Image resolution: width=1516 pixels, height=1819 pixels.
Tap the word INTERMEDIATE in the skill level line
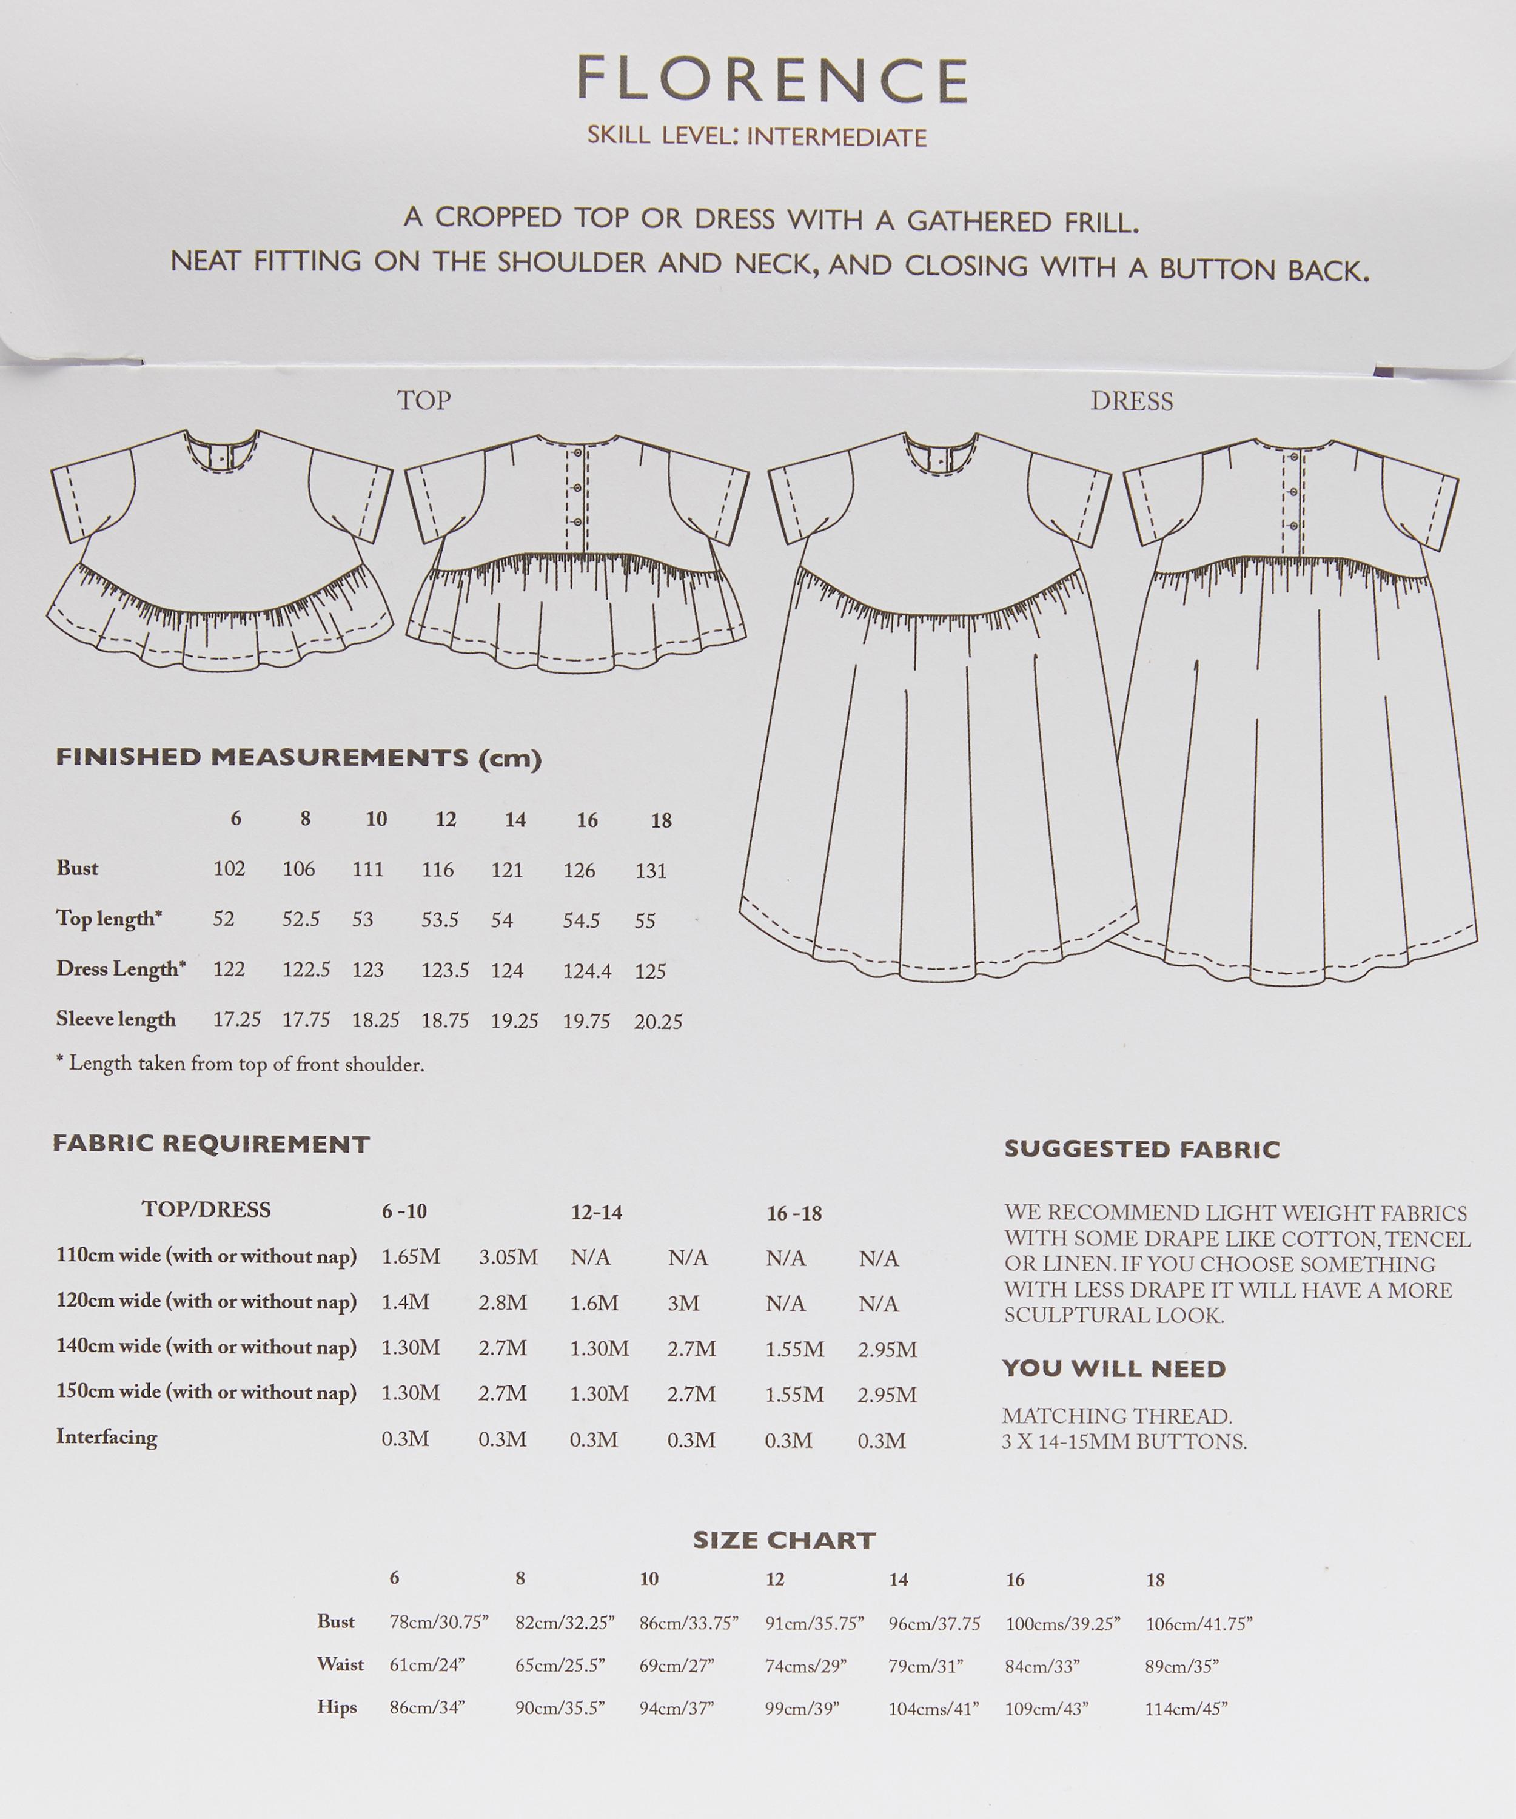point(836,137)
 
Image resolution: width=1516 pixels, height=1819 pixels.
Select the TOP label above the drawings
point(424,400)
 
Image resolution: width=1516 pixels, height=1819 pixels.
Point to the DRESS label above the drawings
point(1132,402)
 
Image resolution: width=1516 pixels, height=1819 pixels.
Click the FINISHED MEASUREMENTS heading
point(299,758)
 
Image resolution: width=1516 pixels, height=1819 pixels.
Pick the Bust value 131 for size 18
point(651,871)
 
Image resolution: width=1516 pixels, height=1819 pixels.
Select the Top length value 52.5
point(301,920)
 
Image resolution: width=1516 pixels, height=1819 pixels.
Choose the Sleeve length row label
point(116,1019)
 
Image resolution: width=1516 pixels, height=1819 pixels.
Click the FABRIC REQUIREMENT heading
point(212,1144)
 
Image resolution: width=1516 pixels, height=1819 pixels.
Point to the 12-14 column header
point(596,1213)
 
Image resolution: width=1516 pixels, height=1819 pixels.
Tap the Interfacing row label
point(107,1437)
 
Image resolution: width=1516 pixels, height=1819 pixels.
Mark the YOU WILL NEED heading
point(1114,1370)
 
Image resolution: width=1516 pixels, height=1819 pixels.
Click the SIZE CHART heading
point(784,1540)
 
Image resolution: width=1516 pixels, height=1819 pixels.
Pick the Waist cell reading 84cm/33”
point(1043,1666)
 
